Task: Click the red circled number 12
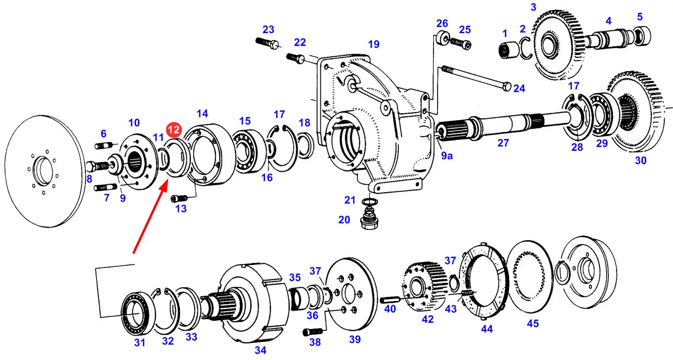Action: pyautogui.click(x=174, y=130)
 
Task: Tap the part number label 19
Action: pyautogui.click(x=373, y=44)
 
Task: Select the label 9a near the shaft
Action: pyautogui.click(x=447, y=156)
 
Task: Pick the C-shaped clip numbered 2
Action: pyautogui.click(x=526, y=48)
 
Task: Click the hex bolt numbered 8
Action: pyautogui.click(x=98, y=166)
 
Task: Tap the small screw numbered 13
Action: pyautogui.click(x=180, y=198)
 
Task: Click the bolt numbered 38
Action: pyautogui.click(x=313, y=332)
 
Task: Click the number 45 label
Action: pyautogui.click(x=533, y=324)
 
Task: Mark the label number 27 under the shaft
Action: pyautogui.click(x=503, y=143)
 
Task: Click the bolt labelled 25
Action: pyautogui.click(x=461, y=43)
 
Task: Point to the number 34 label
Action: pyautogui.click(x=260, y=350)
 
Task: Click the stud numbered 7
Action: pyautogui.click(x=106, y=187)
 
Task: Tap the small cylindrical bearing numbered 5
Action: pyautogui.click(x=642, y=36)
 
